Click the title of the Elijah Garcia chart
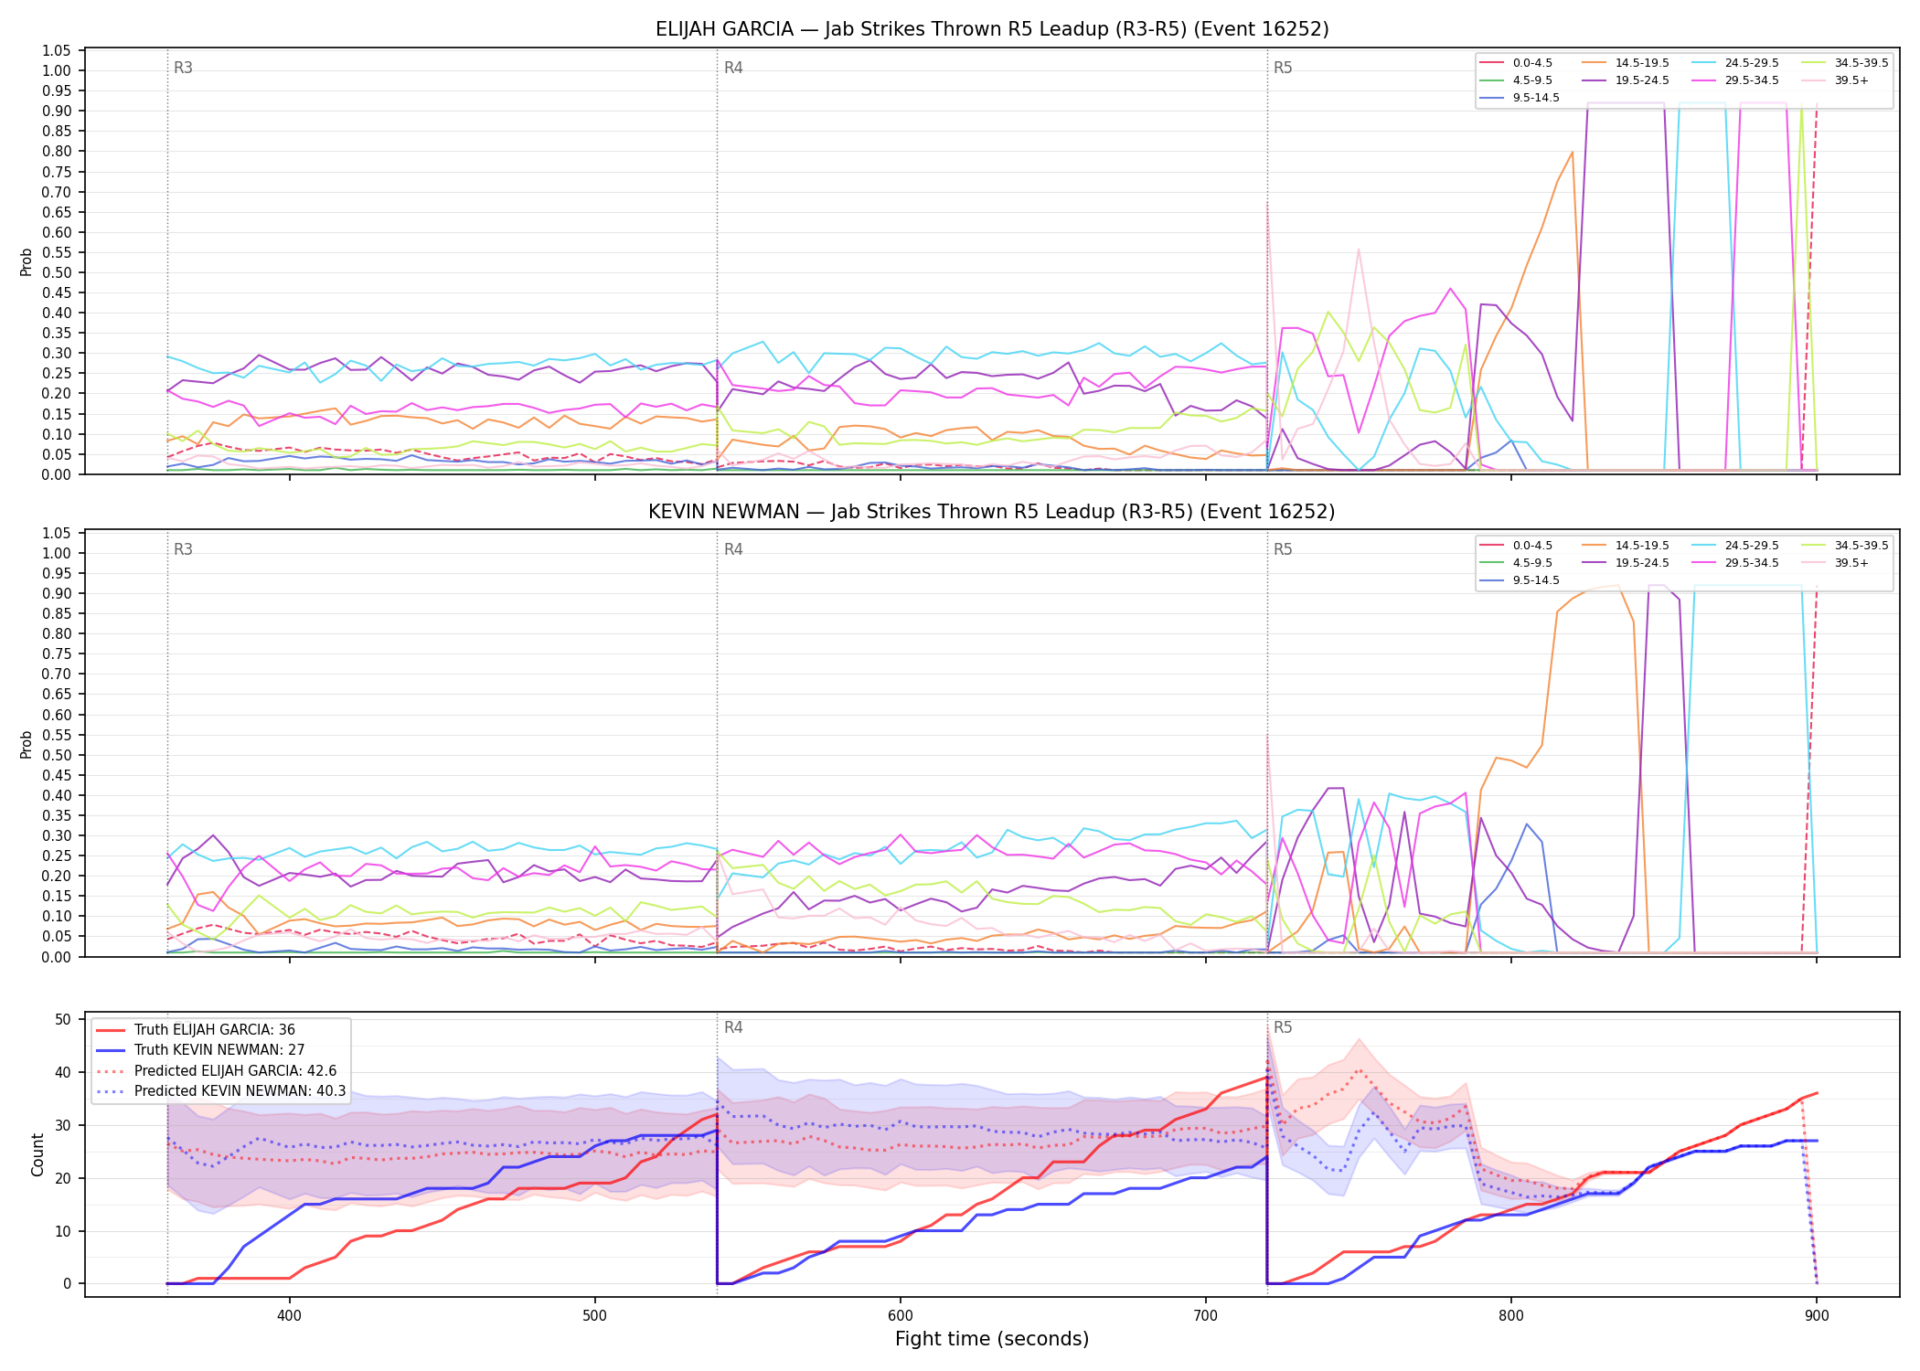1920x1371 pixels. click(992, 29)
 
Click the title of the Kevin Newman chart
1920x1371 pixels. click(992, 512)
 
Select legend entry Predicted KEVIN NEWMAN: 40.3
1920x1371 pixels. click(220, 1091)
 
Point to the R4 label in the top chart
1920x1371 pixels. click(733, 68)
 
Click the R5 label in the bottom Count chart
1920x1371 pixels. click(1283, 1027)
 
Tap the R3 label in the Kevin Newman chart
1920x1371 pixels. click(183, 549)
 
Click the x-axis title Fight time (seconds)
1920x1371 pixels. click(992, 1339)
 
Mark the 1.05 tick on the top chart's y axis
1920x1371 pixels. click(57, 50)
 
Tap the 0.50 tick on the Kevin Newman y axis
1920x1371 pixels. click(57, 755)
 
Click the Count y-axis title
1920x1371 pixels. click(37, 1154)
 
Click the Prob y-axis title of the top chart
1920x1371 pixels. click(27, 261)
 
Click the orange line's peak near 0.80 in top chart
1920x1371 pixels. click(1572, 152)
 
